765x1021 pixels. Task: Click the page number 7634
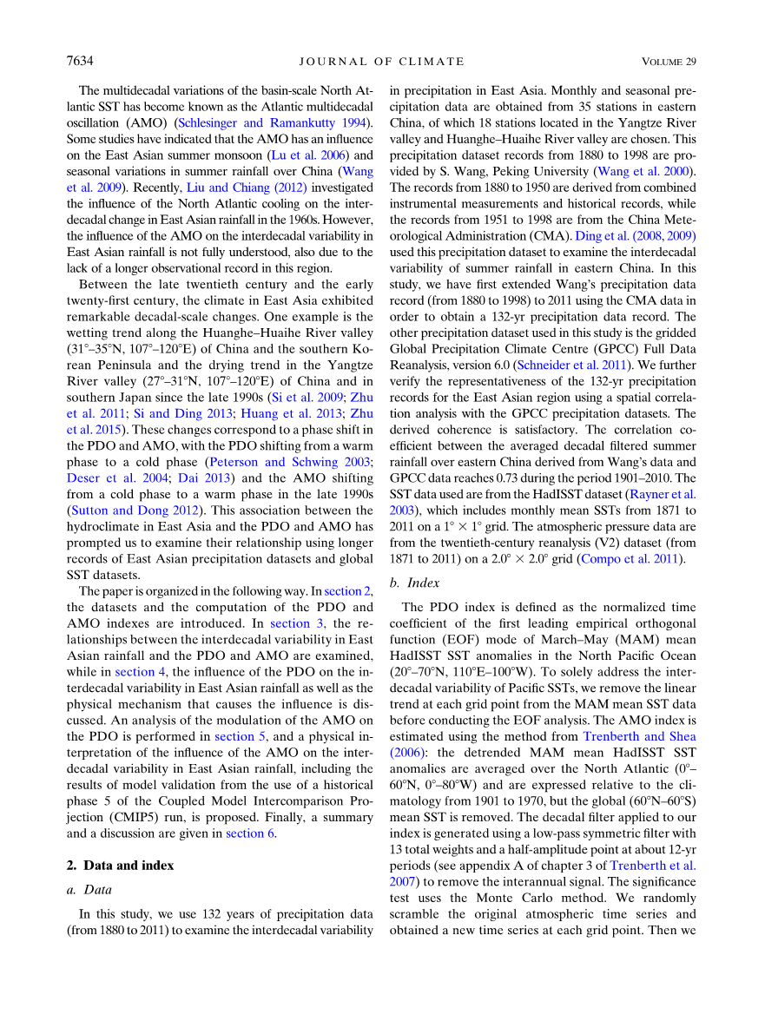[79, 61]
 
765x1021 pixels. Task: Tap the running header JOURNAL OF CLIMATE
[381, 61]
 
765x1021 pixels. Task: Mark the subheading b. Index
[415, 583]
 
